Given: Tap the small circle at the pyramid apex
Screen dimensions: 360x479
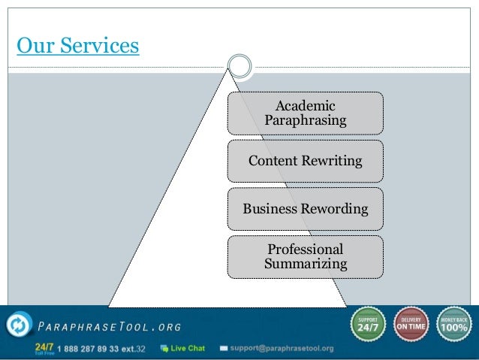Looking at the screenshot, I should click(239, 65).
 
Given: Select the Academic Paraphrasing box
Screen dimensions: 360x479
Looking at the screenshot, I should click(305, 113).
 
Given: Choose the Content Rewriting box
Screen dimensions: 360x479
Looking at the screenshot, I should click(305, 161).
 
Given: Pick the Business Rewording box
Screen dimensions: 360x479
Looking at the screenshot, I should click(305, 208).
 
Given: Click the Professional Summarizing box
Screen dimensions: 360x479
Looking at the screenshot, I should click(305, 256).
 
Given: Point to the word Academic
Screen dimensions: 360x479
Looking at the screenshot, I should click(306, 106).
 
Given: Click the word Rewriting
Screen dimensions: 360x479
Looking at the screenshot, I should click(331, 161).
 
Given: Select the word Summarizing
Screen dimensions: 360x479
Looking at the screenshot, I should click(306, 264).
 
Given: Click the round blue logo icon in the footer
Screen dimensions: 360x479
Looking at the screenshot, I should click(17, 325).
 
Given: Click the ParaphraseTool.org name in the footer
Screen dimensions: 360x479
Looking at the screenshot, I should click(109, 326).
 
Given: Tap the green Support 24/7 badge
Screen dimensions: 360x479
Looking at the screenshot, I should click(366, 324).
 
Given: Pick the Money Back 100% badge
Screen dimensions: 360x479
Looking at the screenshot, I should click(455, 324).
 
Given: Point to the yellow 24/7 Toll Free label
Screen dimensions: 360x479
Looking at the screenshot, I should click(44, 349).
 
